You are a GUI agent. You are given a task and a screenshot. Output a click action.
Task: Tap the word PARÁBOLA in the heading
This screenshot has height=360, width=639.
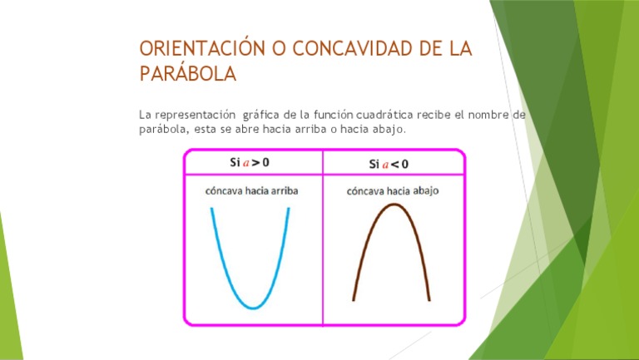(x=187, y=74)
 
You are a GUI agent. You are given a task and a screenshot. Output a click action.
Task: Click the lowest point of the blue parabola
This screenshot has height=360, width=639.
(x=252, y=308)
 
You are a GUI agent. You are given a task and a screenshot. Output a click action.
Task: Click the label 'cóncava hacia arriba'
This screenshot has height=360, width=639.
(x=251, y=191)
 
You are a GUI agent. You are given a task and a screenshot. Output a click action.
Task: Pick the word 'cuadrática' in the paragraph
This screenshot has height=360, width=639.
(x=385, y=114)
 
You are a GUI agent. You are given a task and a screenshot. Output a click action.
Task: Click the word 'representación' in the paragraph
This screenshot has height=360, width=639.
(x=194, y=114)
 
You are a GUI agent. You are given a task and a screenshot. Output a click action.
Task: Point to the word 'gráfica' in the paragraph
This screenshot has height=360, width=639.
(x=262, y=114)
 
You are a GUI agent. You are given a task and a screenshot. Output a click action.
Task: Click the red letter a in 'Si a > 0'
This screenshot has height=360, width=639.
(x=246, y=162)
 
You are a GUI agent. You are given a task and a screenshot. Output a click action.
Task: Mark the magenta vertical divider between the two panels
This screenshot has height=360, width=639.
(x=323, y=241)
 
